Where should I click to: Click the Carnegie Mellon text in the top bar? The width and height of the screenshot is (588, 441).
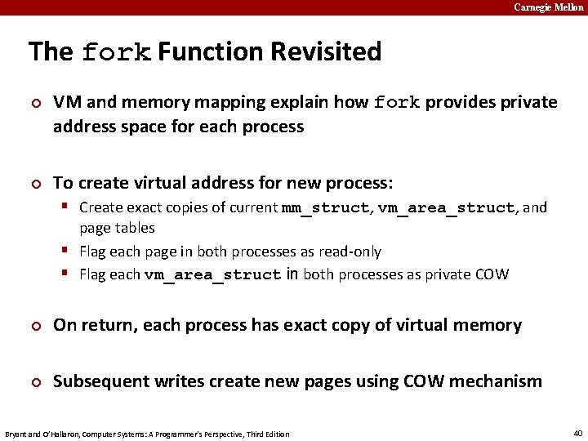tap(549, 7)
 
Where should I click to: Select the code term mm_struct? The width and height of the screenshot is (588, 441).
tap(325, 207)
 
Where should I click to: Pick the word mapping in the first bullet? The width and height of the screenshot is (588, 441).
tap(224, 103)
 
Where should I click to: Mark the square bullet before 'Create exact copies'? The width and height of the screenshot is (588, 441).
tap(69, 207)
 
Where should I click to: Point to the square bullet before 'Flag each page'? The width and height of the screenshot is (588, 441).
tap(69, 251)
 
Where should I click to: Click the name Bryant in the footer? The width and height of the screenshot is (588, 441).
tap(16, 434)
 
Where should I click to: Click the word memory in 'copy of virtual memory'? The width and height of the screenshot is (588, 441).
tap(484, 325)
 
